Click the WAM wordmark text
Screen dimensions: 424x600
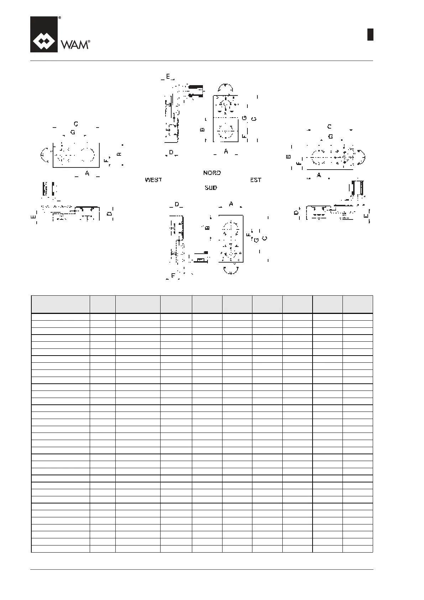(74, 45)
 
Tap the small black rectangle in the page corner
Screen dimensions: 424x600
(370, 35)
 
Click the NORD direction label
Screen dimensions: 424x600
(212, 173)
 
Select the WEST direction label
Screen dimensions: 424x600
(153, 180)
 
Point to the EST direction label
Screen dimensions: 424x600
(256, 180)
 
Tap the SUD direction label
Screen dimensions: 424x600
(211, 187)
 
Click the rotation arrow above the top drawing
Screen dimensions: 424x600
(226, 88)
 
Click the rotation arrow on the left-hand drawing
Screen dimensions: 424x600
(45, 155)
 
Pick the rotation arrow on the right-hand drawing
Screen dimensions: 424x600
(361, 157)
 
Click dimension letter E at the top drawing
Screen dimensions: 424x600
(168, 76)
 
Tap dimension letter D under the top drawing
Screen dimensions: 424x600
(171, 152)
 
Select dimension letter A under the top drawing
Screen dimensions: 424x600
(226, 151)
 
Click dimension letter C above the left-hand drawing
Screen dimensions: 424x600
(76, 124)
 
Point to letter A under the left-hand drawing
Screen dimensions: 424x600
(87, 173)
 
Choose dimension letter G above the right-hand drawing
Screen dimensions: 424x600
(330, 136)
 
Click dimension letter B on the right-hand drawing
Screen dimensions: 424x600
(289, 156)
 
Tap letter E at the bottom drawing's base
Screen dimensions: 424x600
(173, 275)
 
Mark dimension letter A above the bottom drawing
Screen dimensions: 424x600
(231, 204)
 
